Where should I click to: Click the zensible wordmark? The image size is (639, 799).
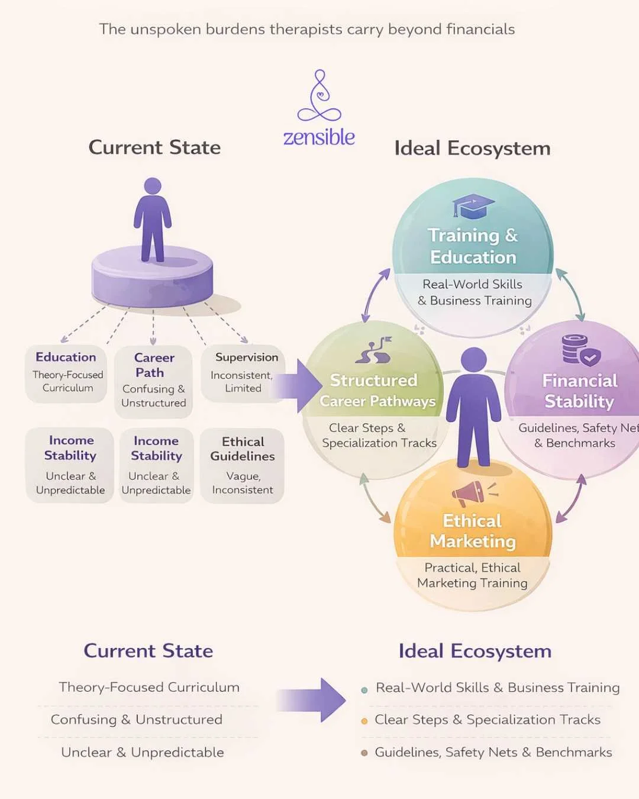(x=319, y=137)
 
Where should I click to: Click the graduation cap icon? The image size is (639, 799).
(x=473, y=206)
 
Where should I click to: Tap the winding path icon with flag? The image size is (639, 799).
(x=374, y=350)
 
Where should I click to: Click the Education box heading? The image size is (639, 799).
(x=66, y=357)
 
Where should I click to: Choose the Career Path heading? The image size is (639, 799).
(x=153, y=365)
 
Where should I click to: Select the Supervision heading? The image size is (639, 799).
(x=246, y=357)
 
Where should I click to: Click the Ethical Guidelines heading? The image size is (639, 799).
(x=243, y=449)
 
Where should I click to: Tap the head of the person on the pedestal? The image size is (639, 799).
(x=153, y=186)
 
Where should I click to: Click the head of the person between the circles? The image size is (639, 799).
(x=473, y=359)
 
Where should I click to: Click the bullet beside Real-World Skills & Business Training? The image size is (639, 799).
(x=364, y=690)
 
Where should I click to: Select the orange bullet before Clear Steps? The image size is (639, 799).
(x=364, y=721)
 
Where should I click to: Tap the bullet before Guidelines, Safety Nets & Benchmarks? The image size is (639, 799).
(x=364, y=753)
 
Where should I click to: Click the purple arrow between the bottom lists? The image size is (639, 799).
(x=312, y=700)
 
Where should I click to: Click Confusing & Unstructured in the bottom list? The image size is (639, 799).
(x=137, y=720)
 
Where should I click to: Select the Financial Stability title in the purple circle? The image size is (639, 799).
(x=579, y=391)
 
